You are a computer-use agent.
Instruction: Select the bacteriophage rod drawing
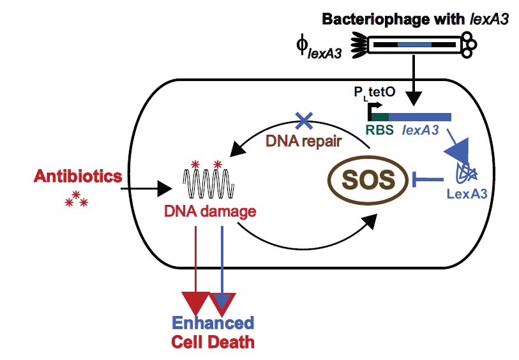(415, 45)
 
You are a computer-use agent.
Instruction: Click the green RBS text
(379, 131)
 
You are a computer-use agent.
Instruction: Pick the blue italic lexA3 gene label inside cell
(420, 131)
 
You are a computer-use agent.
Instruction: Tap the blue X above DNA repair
(303, 119)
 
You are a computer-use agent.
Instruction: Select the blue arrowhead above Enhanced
(223, 302)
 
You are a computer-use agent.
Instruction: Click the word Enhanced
(213, 323)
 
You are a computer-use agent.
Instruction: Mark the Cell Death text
(213, 343)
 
